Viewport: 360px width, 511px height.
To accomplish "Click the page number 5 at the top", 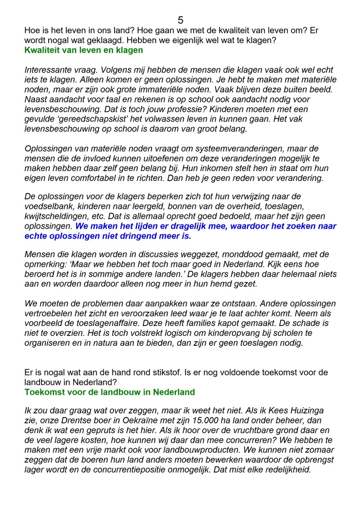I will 180,20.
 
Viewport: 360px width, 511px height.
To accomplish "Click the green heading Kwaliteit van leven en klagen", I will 83,50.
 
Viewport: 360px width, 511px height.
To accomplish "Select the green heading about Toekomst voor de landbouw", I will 110,392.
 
